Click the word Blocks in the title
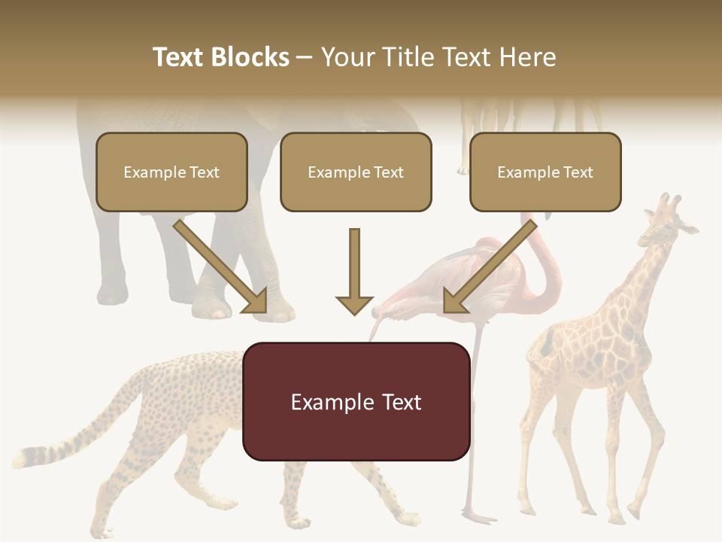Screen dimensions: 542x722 [x=251, y=57]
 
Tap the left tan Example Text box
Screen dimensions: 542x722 [x=171, y=172]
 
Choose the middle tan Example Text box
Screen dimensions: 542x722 [x=356, y=172]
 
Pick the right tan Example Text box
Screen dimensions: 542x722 [x=545, y=172]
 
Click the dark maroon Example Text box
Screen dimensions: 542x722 [x=356, y=401]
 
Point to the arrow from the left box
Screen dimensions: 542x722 [x=221, y=267]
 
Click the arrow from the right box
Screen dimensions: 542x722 [x=488, y=267]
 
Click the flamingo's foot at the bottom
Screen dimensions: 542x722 [x=478, y=517]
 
